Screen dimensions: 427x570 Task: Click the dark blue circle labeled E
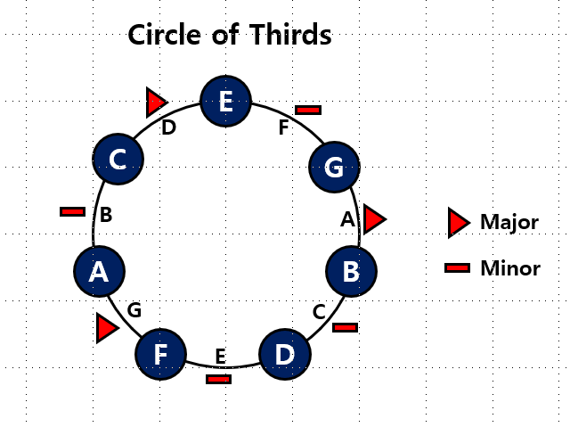[226, 102]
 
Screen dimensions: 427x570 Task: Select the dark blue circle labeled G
[334, 166]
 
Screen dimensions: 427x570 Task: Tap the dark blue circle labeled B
[352, 270]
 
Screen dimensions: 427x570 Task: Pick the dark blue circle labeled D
[284, 354]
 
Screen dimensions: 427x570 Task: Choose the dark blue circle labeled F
[161, 354]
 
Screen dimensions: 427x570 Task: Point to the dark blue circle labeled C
[118, 160]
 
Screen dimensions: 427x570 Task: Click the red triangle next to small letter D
[157, 103]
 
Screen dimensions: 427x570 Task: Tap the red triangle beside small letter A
[374, 218]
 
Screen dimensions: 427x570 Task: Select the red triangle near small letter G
[107, 328]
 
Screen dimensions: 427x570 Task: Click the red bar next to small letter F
[308, 110]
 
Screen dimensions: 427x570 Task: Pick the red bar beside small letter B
[72, 212]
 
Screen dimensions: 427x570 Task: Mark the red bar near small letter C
[345, 328]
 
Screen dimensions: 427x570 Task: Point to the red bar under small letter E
[218, 379]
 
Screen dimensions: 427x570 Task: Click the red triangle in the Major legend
[459, 222]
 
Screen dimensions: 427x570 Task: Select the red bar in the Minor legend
[458, 267]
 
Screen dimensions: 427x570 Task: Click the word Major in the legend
[509, 222]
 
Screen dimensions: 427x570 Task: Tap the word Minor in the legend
[509, 267]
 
